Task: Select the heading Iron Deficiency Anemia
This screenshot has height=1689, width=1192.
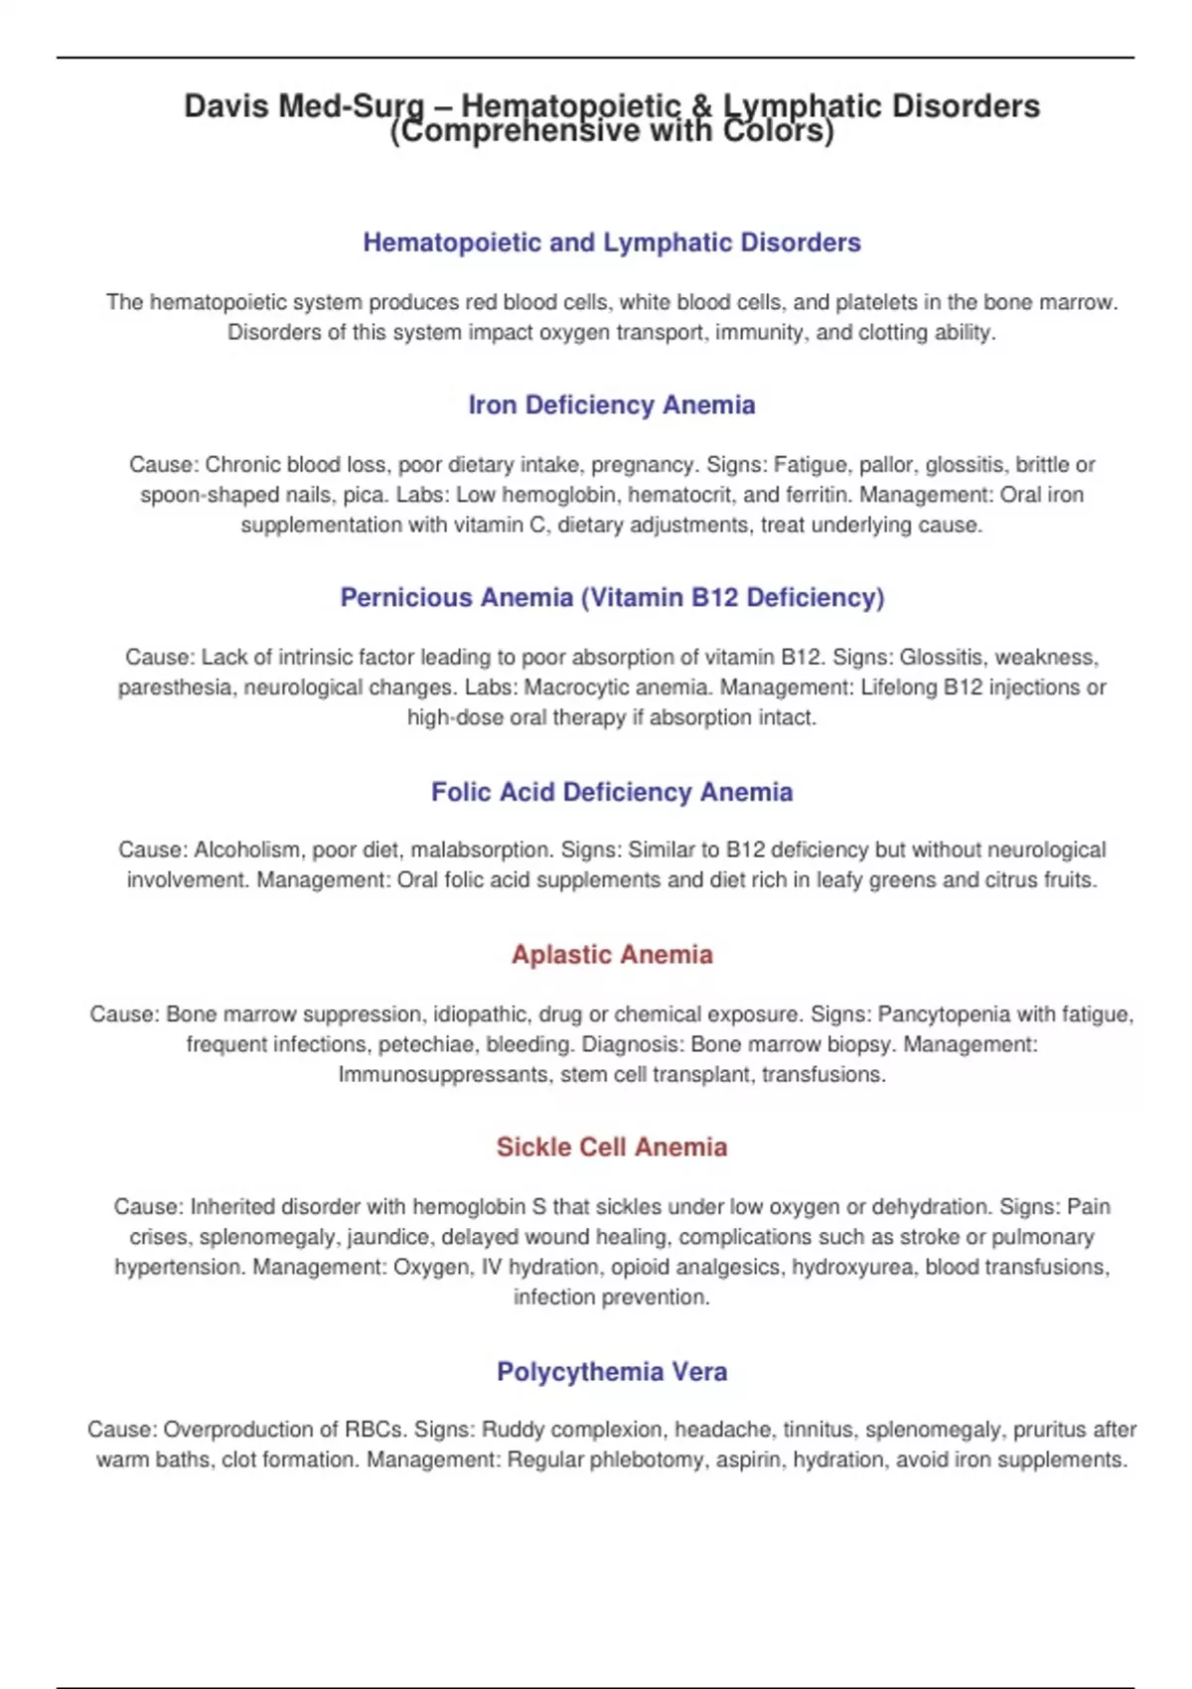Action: point(612,405)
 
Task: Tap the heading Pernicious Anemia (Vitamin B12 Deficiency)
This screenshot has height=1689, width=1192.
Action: point(612,597)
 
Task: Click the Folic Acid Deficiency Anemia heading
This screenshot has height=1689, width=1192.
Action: point(612,792)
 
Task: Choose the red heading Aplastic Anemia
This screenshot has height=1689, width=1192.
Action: point(612,955)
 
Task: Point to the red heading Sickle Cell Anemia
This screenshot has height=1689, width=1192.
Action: point(612,1148)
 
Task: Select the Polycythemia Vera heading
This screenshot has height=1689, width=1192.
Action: point(612,1372)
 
